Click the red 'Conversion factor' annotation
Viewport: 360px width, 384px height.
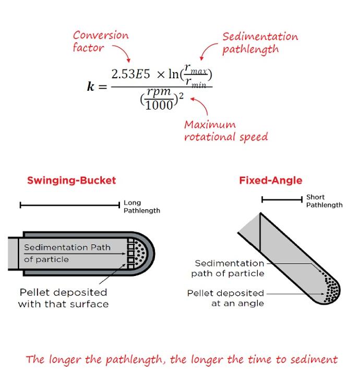click(101, 41)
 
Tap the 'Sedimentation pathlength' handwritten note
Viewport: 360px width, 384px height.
click(260, 43)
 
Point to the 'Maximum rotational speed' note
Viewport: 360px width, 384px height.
click(226, 131)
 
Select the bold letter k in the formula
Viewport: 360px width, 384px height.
click(91, 86)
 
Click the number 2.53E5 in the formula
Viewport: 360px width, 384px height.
click(130, 74)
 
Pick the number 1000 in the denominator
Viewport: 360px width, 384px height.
click(159, 105)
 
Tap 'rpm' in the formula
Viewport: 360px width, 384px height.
click(159, 92)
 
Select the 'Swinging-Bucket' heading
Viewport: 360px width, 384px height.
click(71, 180)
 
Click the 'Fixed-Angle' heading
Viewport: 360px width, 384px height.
click(271, 180)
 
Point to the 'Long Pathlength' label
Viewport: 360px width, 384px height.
click(142, 207)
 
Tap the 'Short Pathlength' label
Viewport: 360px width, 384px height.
click(324, 201)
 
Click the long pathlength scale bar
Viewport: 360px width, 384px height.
click(70, 205)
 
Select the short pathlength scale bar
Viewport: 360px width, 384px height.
click(282, 200)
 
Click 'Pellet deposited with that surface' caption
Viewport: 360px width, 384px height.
click(63, 298)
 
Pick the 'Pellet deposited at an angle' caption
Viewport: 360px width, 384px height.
click(225, 298)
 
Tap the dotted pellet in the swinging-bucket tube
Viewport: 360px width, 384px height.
click(139, 254)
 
